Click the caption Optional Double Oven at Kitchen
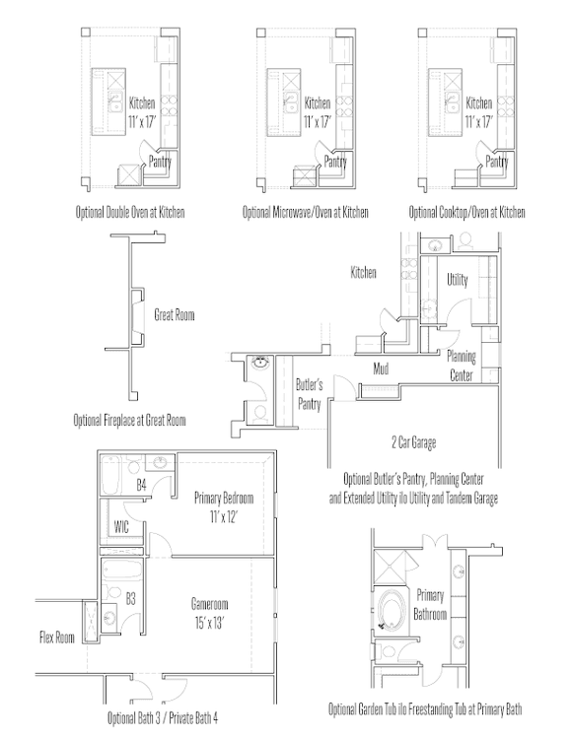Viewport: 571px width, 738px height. (x=130, y=212)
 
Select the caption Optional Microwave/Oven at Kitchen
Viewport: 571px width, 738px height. (x=306, y=212)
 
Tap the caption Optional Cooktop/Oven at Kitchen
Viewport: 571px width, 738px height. (x=466, y=212)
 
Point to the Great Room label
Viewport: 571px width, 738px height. (x=175, y=314)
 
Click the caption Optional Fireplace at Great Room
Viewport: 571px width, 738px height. (x=129, y=420)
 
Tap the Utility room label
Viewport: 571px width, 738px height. (x=458, y=280)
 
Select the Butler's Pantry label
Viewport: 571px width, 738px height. (x=309, y=394)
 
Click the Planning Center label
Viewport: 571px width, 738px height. (x=462, y=366)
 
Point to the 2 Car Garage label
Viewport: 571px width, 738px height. (x=413, y=442)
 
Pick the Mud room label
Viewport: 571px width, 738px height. (x=381, y=369)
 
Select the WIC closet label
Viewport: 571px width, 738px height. (x=121, y=526)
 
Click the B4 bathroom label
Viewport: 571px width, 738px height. (x=141, y=485)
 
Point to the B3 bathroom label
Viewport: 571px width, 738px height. (x=130, y=599)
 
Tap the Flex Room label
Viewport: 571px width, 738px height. (x=57, y=637)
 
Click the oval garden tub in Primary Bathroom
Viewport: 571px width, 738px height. (x=390, y=610)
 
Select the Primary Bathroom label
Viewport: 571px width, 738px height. (x=430, y=605)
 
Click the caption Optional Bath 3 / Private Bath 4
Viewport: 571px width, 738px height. (x=163, y=717)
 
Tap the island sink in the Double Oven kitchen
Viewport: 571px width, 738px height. (x=115, y=102)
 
